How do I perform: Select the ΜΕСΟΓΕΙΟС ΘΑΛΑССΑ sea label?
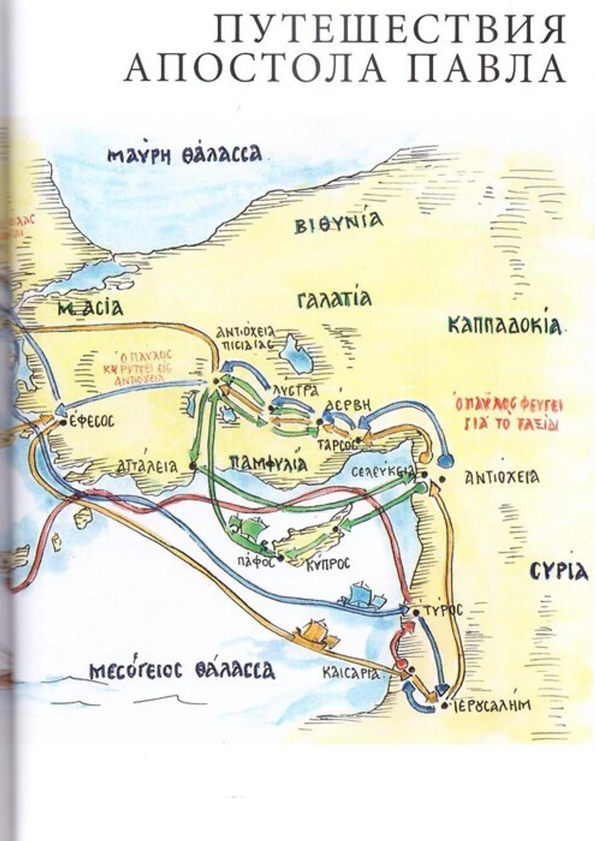click(x=182, y=670)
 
